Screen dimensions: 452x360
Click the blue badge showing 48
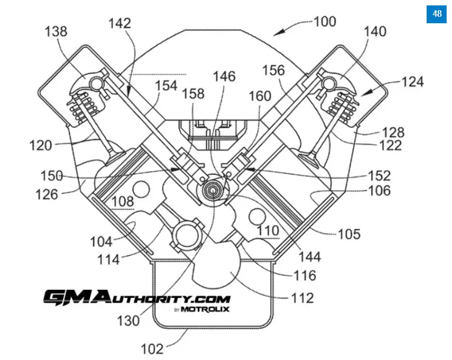pyautogui.click(x=436, y=13)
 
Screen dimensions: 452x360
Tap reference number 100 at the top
pyautogui.click(x=325, y=22)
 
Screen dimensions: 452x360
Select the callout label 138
pyautogui.click(x=56, y=31)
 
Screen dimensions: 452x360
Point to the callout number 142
pyautogui.click(x=120, y=23)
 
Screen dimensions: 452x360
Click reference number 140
pyautogui.click(x=375, y=31)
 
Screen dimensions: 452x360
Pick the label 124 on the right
pyautogui.click(x=413, y=82)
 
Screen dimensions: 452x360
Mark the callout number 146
pyautogui.click(x=224, y=77)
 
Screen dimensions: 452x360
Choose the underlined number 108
pyautogui.click(x=123, y=201)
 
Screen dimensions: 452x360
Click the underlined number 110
pyautogui.click(x=268, y=231)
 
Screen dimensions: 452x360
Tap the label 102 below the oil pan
pyautogui.click(x=152, y=349)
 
